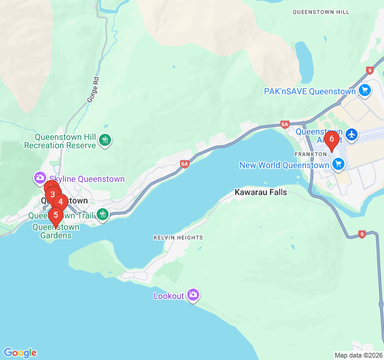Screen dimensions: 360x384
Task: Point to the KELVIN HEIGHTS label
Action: [x=178, y=238]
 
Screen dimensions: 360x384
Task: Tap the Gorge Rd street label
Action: [x=92, y=89]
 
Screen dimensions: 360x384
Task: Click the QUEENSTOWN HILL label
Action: [x=329, y=12]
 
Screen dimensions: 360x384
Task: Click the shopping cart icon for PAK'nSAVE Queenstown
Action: [x=364, y=91]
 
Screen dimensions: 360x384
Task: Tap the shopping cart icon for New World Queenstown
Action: [x=339, y=164]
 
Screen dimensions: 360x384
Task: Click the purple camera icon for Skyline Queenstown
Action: [x=40, y=178]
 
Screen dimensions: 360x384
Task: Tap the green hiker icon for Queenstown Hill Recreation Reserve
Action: [x=106, y=140]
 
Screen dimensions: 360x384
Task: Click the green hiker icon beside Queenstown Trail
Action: [x=103, y=214]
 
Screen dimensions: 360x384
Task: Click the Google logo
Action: [x=20, y=353]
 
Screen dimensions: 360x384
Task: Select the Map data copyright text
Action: [x=358, y=355]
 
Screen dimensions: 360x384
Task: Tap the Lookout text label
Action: [x=169, y=296]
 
